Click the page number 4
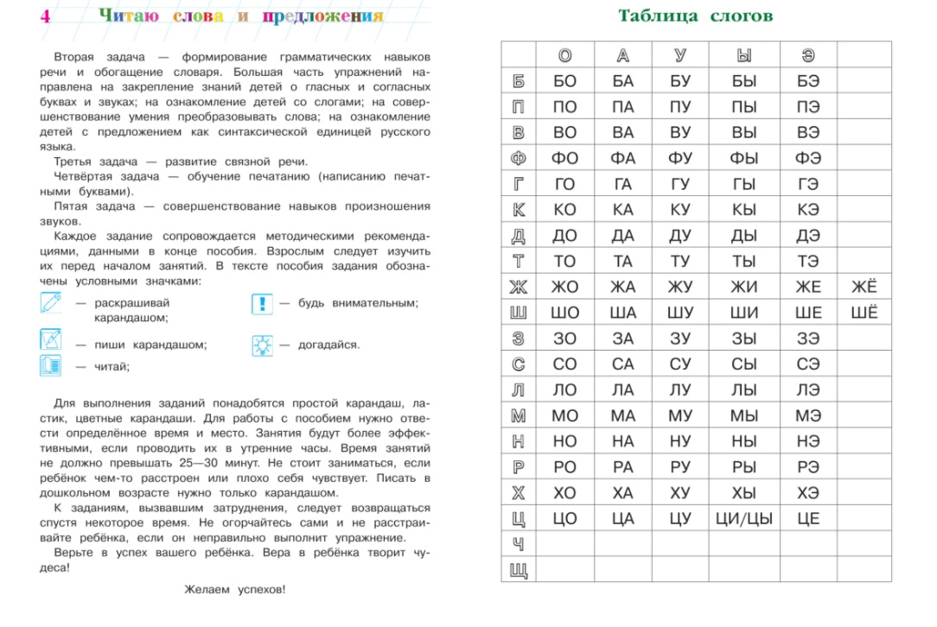[x=44, y=16]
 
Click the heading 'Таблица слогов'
[x=695, y=16]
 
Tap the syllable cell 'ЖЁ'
[x=864, y=288]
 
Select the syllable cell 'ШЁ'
[x=864, y=313]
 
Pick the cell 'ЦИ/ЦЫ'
[x=744, y=519]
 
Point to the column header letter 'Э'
[x=808, y=55]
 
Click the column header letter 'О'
[x=564, y=55]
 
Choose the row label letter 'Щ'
[x=519, y=571]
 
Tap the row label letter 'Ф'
[x=519, y=159]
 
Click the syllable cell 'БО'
[x=564, y=81]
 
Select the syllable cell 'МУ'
[x=680, y=416]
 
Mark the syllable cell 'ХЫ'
[x=744, y=493]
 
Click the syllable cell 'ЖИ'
[x=744, y=288]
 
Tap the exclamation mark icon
[x=262, y=304]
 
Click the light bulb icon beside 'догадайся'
[x=262, y=345]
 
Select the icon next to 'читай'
[x=52, y=366]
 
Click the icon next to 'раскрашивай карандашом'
[x=52, y=303]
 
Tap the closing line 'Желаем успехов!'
[x=234, y=590]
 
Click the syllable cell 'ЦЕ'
[x=808, y=519]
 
